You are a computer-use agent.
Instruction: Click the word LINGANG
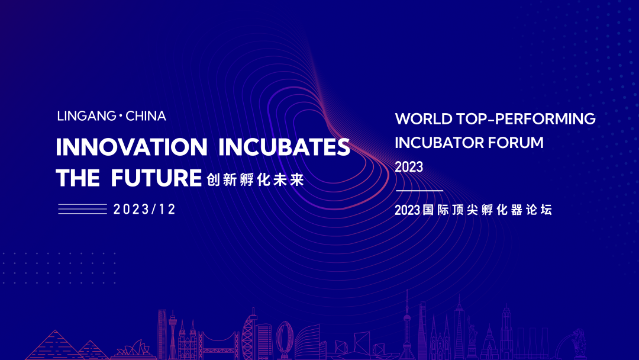coord(87,116)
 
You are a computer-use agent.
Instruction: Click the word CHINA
coord(146,116)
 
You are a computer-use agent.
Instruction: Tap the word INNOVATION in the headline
coord(131,147)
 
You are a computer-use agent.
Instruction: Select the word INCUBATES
coord(284,147)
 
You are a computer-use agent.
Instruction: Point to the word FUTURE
coord(156,178)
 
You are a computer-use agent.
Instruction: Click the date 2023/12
coord(144,209)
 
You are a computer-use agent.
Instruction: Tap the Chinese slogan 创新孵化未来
coord(256,179)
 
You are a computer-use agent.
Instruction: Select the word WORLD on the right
coord(424,119)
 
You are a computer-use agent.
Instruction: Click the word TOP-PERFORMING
coord(526,119)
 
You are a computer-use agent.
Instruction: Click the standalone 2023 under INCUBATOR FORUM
coord(409,167)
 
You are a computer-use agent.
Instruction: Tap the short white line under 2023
coord(419,191)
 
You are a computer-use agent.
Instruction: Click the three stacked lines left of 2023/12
coord(82,209)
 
